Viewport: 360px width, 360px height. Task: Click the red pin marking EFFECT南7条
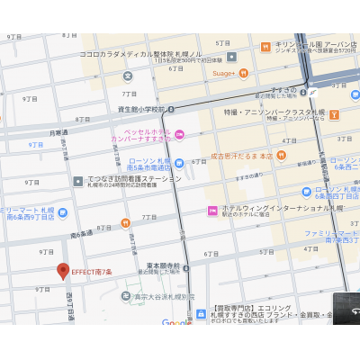point(63,270)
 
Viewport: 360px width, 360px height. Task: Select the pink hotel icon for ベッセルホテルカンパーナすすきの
point(179,135)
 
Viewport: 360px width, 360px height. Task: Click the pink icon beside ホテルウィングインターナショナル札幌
point(213,211)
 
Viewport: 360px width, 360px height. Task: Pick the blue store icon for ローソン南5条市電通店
point(179,163)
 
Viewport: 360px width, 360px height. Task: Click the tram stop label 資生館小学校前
point(141,109)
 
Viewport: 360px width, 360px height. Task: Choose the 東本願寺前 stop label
point(163,266)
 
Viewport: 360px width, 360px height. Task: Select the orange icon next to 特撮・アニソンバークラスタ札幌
point(334,114)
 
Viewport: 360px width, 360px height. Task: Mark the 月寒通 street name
point(58,132)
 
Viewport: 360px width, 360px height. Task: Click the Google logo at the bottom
point(176,322)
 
